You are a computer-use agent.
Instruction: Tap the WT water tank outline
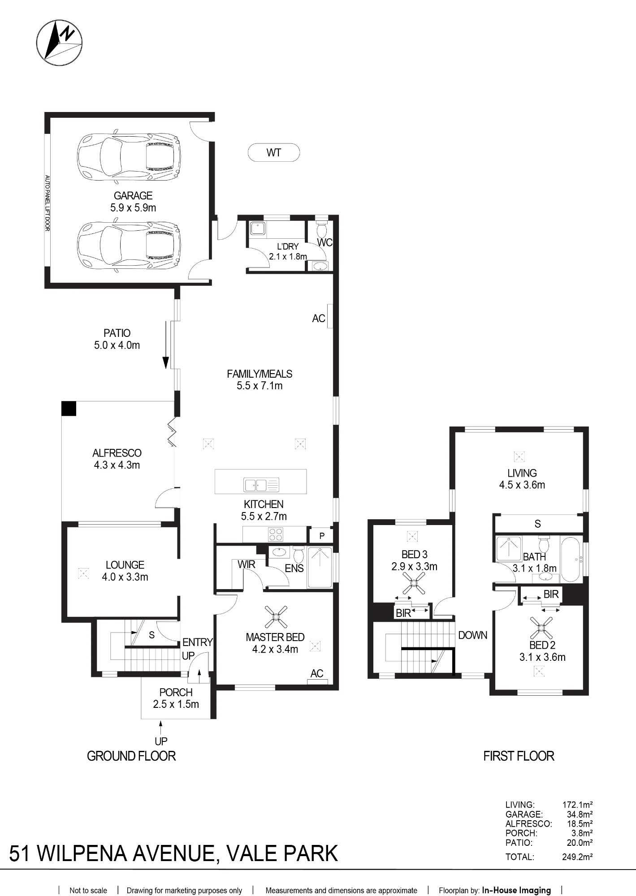(x=274, y=153)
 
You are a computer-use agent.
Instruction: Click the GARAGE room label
(x=133, y=196)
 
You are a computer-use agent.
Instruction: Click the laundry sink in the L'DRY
(x=258, y=228)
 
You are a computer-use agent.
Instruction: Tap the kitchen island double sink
(x=261, y=485)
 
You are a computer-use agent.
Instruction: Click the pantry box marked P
(x=322, y=536)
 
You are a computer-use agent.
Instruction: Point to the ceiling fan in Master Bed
(x=276, y=617)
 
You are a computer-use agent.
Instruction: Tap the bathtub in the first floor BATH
(x=571, y=559)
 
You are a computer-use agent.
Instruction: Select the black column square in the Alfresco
(x=69, y=409)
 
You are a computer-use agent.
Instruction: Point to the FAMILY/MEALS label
(x=260, y=374)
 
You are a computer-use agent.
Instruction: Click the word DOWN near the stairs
(x=472, y=635)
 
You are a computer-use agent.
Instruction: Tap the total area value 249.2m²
(x=578, y=857)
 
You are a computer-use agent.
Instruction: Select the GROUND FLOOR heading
(x=131, y=756)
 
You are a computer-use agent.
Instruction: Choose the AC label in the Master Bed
(x=317, y=673)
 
